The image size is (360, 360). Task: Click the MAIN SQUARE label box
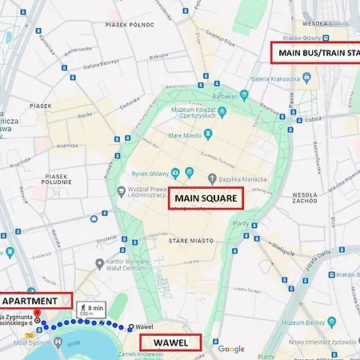click(x=205, y=199)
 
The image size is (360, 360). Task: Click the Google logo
click(x=231, y=349)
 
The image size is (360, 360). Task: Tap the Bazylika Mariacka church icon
click(x=212, y=178)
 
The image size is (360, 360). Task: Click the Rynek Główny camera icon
click(x=189, y=171)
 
